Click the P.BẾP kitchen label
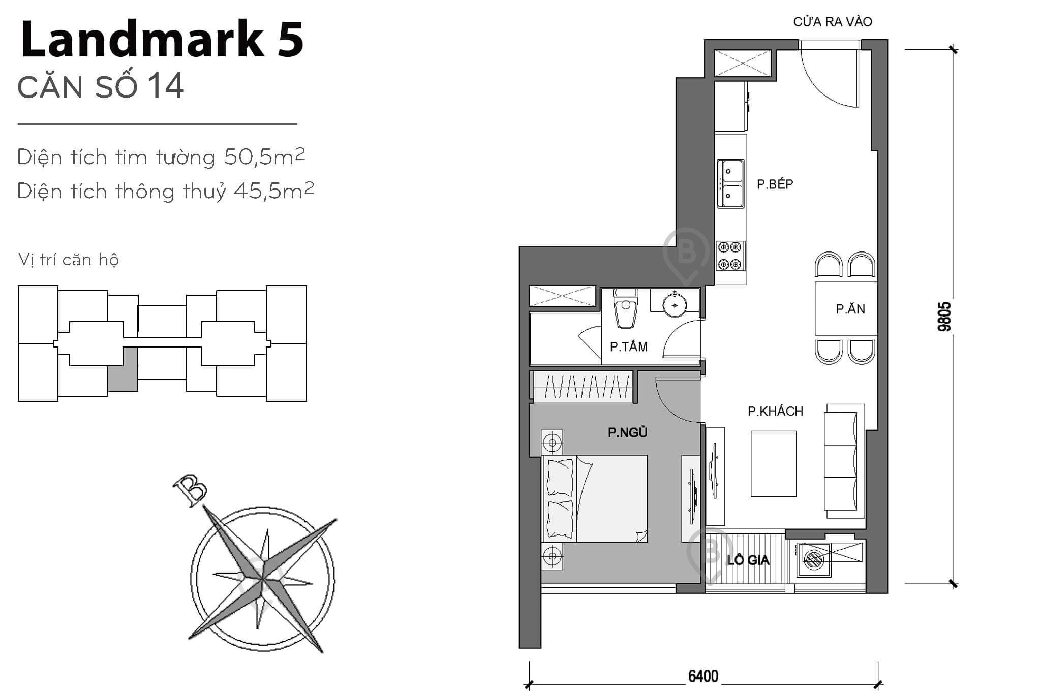pos(774,184)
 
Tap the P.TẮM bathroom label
pos(628,347)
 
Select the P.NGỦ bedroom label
pos(627,432)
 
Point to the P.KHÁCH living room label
pos(775,411)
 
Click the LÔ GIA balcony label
pos(748,560)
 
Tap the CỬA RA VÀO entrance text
pos(832,22)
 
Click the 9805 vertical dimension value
pos(944,317)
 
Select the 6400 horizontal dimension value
pos(703,676)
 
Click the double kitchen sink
pos(730,183)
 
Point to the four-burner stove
pos(730,256)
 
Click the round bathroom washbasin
pos(675,305)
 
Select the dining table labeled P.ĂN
pos(846,308)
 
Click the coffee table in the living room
pos(773,463)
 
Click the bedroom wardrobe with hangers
pos(583,387)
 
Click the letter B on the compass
pos(190,490)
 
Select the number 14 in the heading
pos(166,86)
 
